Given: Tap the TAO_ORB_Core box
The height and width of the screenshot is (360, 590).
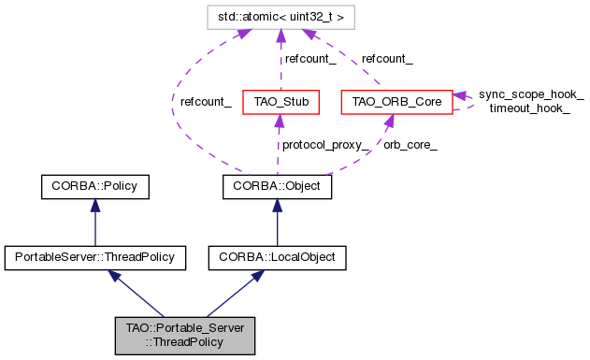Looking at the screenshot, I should coord(396,100).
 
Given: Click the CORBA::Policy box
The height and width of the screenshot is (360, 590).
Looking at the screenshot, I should coord(94,186).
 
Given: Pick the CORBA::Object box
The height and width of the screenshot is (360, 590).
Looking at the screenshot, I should coord(277,186).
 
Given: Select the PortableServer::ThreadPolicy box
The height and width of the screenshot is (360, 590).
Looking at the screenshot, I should coord(94,254).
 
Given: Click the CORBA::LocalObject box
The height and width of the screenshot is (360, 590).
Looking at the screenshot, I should coord(277,254).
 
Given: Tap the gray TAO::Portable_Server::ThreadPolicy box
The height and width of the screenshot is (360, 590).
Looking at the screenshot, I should coord(185,334).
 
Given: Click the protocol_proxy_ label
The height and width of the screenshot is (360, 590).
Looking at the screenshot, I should coord(322,144).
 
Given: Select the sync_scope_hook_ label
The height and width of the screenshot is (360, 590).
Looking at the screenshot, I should coord(531,94).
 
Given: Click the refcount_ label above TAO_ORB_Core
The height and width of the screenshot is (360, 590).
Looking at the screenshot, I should coord(387,58).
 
